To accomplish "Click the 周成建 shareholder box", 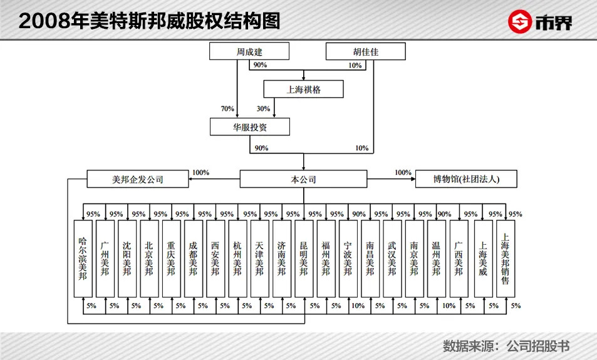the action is point(249,51).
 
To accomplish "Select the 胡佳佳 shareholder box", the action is point(365,51).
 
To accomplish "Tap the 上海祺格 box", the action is point(303,89).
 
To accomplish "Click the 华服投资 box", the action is point(250,126).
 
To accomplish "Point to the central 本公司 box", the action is point(303,179).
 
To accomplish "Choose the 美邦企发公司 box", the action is point(137,179).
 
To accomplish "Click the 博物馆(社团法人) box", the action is point(466,179).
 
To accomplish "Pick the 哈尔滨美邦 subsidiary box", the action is point(83,259).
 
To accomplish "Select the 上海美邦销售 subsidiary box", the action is point(506,259).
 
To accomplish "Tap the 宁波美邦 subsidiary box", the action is point(348,259).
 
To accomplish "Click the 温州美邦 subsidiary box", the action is point(437,259).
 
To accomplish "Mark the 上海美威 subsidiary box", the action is point(483,259).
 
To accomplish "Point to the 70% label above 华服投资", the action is point(227,109).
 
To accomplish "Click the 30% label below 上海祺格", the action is point(263,109).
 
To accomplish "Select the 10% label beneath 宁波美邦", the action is point(358,306).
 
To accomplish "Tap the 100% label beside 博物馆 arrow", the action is point(403,172).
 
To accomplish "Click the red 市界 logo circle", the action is point(519,22).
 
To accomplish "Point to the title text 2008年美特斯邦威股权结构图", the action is point(149,21).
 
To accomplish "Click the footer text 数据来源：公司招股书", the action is point(506,346).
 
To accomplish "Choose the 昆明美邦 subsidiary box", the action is point(304,259).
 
